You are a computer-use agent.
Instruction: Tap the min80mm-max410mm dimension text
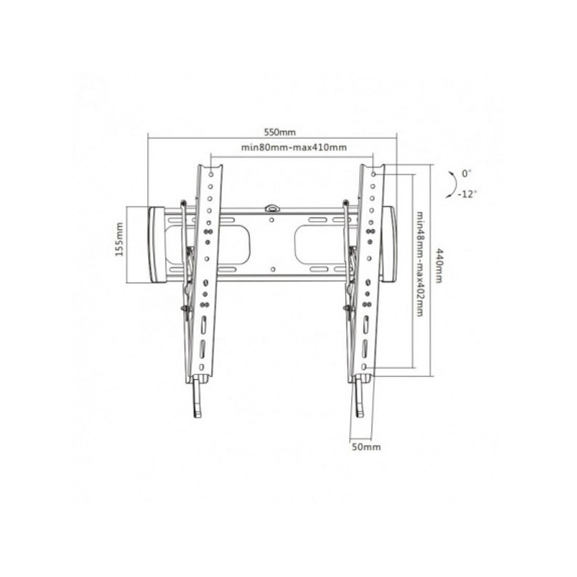294,147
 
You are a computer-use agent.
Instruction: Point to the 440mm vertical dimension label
439,265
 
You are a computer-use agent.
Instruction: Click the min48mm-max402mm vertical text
420,263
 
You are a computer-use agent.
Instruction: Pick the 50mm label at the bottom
367,447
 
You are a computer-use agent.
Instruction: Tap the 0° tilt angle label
466,173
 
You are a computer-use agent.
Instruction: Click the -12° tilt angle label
467,194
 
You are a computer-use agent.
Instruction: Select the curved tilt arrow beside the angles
453,184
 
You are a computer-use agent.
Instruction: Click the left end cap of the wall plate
156,245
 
